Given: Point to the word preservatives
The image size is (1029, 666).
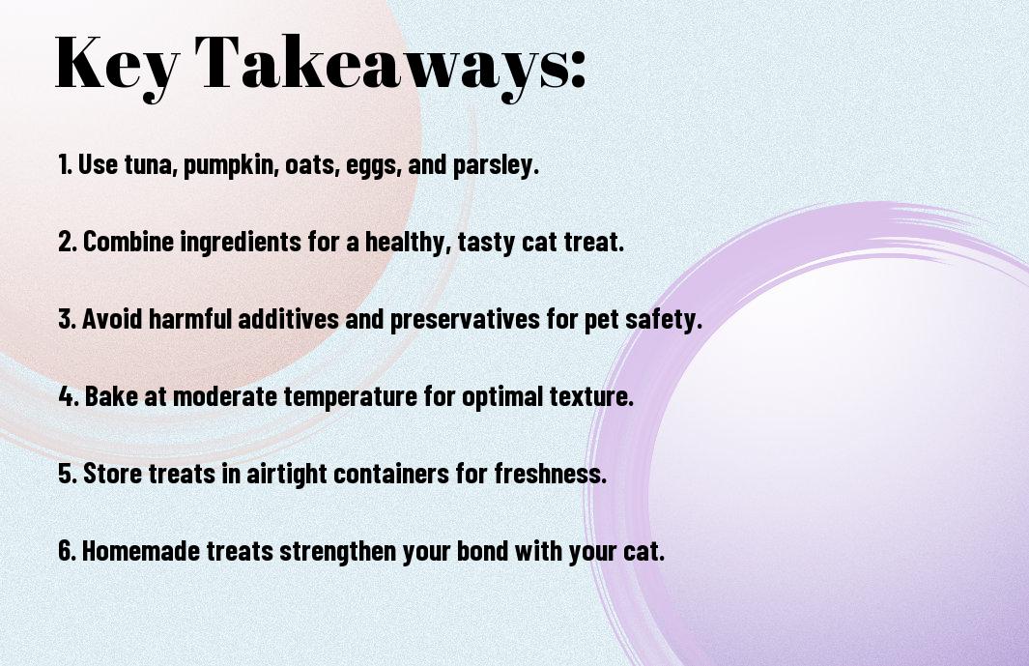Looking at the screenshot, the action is tap(464, 320).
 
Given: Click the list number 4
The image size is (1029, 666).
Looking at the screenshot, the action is tap(67, 396).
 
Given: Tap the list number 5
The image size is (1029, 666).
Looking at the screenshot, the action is tap(67, 473).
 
